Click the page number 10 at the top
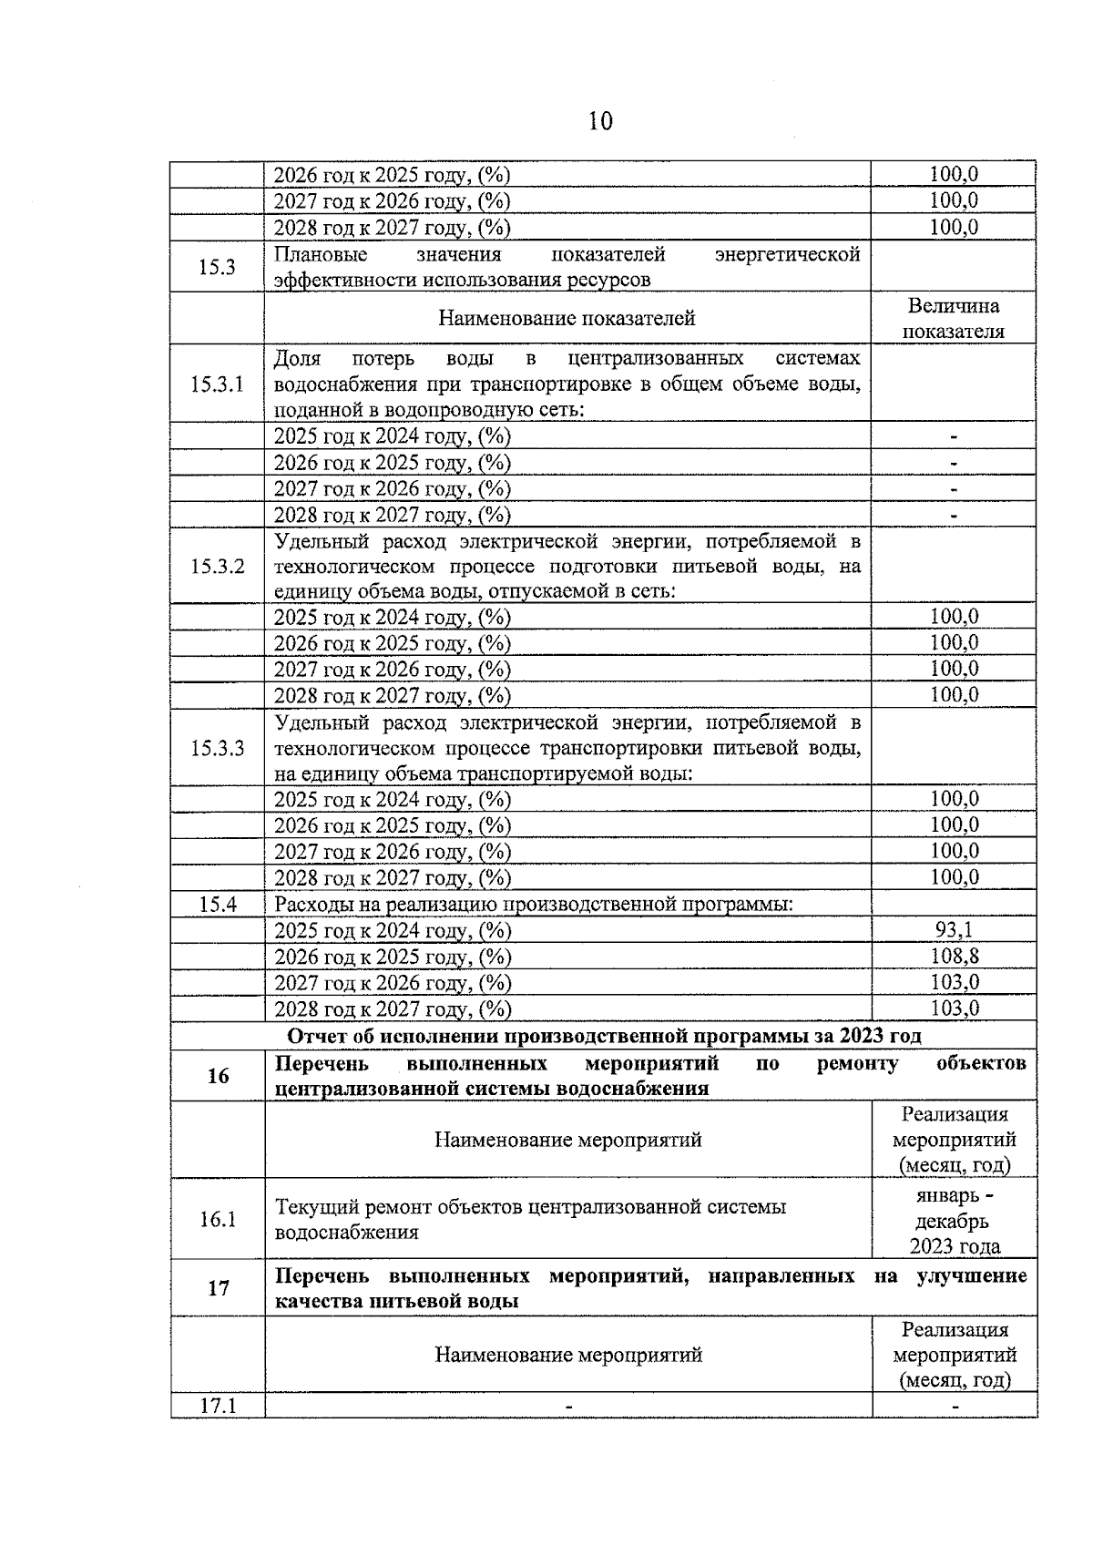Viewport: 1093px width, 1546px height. coord(600,121)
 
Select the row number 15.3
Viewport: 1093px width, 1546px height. coord(217,267)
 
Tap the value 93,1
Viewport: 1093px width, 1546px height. coord(954,930)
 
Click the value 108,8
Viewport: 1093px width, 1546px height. coord(954,957)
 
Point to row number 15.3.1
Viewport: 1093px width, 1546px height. coord(217,384)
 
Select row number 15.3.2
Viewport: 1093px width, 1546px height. coord(217,567)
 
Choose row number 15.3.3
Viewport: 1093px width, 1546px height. coord(217,749)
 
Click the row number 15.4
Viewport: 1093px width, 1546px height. coord(217,905)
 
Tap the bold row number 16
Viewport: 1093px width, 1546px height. coord(218,1077)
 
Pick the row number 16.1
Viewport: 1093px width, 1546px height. coord(218,1220)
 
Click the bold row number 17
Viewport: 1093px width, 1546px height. coord(218,1289)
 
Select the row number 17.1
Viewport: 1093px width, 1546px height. coord(218,1407)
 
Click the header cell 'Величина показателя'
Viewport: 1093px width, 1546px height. coord(954,319)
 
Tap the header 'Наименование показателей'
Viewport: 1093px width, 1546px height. coord(567,319)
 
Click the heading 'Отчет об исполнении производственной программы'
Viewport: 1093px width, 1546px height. coord(603,1037)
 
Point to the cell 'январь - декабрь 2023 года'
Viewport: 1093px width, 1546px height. coord(954,1221)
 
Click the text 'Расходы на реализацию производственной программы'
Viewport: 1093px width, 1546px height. coord(534,905)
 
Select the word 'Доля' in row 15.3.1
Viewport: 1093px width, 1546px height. coord(297,358)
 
